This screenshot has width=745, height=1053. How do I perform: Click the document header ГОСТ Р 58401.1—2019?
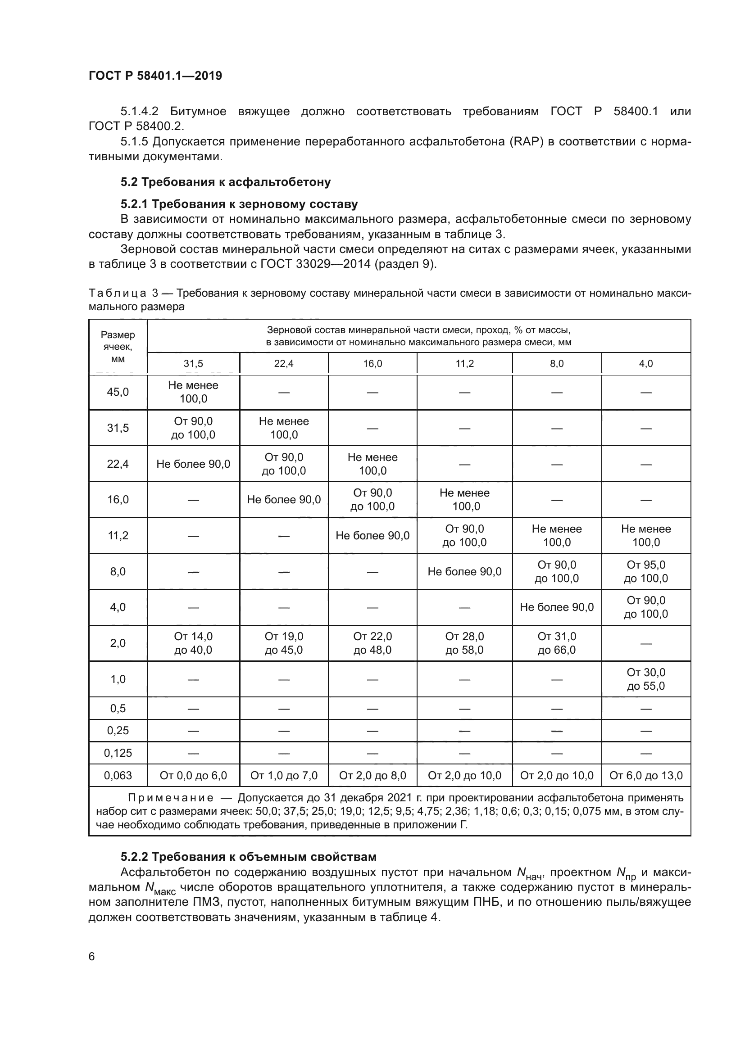155,76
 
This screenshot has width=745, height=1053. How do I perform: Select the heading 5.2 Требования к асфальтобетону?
225,182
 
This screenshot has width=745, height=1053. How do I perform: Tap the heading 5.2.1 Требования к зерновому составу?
239,203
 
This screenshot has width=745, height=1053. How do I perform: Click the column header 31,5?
193,364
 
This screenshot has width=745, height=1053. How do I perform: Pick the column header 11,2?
464,364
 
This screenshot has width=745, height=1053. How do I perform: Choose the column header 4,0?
645,364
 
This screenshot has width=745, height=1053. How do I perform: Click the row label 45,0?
118,392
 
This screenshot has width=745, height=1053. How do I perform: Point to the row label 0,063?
118,776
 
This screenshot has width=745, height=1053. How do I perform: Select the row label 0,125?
118,753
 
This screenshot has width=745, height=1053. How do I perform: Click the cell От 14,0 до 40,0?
193,643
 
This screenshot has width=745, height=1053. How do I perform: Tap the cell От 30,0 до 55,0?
645,679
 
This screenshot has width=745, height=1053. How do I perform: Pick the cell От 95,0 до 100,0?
645,571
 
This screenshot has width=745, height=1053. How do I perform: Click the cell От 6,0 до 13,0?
645,776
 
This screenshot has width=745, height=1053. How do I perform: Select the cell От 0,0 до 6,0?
193,776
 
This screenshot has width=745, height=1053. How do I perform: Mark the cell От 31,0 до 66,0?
556,643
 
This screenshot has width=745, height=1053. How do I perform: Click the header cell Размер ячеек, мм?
118,347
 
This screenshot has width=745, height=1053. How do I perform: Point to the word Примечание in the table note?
171,798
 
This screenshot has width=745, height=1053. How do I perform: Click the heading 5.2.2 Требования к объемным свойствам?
248,857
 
